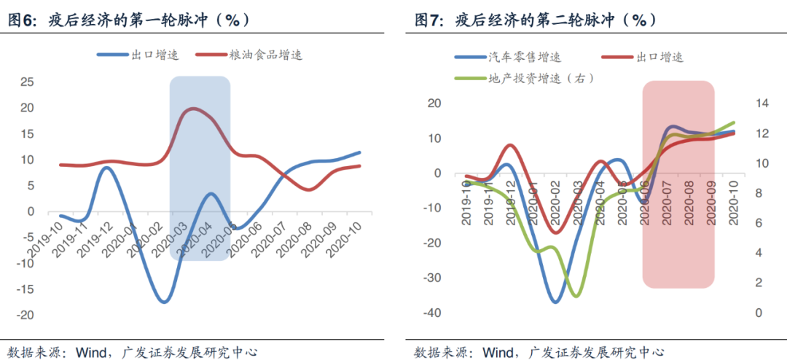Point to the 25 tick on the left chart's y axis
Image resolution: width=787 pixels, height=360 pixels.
tap(26, 82)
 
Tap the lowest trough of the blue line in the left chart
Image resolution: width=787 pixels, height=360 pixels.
tap(164, 301)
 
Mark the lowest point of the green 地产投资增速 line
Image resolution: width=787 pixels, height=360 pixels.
tap(576, 296)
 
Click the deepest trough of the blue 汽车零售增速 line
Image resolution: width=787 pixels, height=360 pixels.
tap(556, 302)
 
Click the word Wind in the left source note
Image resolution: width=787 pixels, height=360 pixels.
tap(90, 352)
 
